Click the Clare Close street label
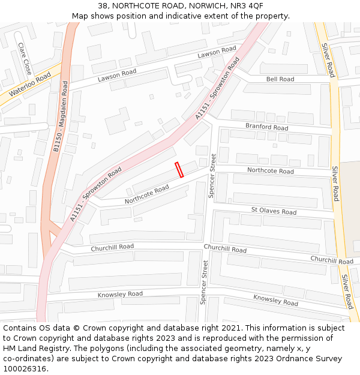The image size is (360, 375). (x=25, y=58)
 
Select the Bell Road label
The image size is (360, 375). (x=280, y=79)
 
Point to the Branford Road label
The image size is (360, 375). (x=266, y=127)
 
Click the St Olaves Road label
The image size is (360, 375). (x=274, y=211)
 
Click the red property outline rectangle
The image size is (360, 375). (x=179, y=170)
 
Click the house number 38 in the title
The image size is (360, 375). (x=103, y=5)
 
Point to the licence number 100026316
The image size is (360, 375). (x=23, y=369)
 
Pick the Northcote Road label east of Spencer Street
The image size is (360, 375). (x=270, y=171)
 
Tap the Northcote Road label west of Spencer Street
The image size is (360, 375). (x=146, y=194)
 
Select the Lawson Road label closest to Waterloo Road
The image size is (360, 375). (x=118, y=76)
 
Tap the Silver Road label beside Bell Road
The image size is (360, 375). (x=328, y=60)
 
